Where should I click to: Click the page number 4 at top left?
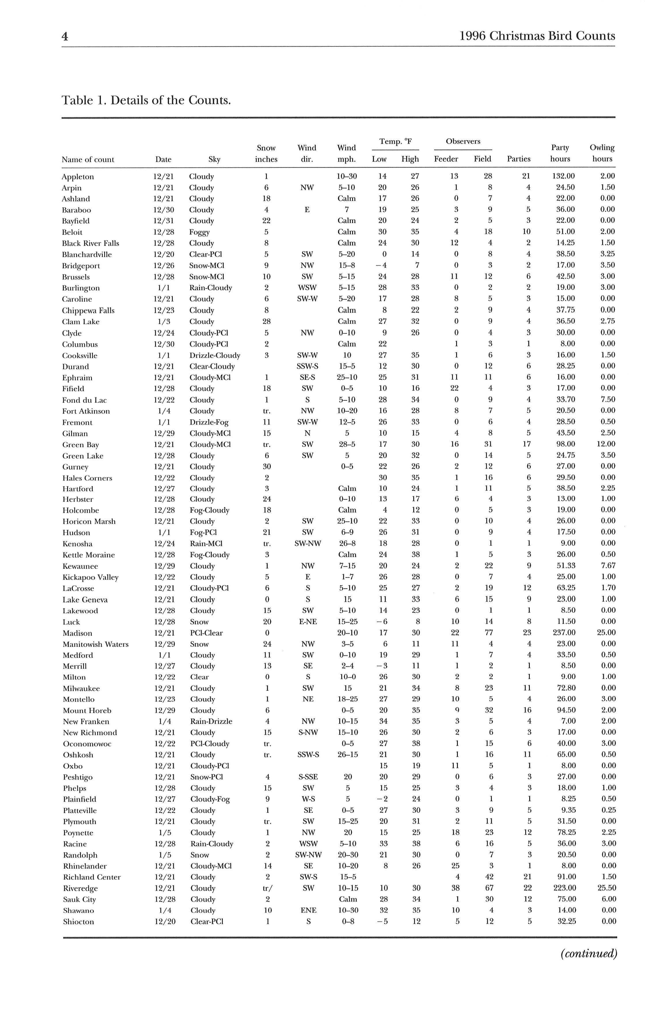[x=65, y=36]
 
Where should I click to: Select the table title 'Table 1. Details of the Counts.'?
[x=146, y=100]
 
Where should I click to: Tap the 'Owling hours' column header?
[x=602, y=153]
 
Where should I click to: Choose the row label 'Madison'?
[x=77, y=633]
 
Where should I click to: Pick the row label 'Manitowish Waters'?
[x=95, y=644]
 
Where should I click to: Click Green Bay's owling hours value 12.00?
[x=605, y=444]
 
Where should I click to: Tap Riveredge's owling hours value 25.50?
[x=605, y=888]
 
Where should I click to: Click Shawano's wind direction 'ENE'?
[x=308, y=910]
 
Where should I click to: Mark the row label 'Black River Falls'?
[x=90, y=243]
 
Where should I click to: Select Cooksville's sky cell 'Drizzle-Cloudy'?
[x=215, y=355]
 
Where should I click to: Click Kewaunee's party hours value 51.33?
[x=566, y=566]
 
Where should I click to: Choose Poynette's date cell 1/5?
[x=164, y=833]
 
